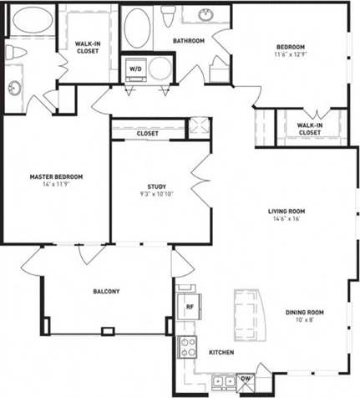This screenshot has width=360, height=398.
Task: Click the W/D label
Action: (x=134, y=69)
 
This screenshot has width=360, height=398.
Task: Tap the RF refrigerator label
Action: (x=189, y=306)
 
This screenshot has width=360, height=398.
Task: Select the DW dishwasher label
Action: (x=245, y=379)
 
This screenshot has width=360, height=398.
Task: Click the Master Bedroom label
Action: (x=56, y=176)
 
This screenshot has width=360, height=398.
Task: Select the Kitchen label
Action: (x=221, y=353)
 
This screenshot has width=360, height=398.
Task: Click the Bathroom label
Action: (x=189, y=40)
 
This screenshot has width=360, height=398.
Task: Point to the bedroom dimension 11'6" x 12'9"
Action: (x=291, y=54)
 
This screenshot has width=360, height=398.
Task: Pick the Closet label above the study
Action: (x=148, y=132)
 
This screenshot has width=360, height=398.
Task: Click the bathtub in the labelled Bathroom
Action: (x=136, y=29)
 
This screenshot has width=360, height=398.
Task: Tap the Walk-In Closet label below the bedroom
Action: (x=309, y=129)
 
